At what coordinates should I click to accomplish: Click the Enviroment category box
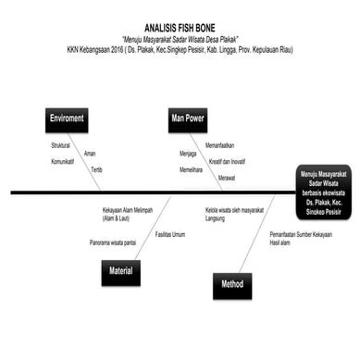tap(67, 119)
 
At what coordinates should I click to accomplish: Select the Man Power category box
tap(188, 119)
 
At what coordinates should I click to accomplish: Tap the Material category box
tap(120, 271)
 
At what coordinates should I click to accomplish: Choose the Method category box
tap(231, 285)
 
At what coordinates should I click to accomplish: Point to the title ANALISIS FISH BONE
tap(180, 30)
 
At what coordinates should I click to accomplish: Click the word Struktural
tap(61, 146)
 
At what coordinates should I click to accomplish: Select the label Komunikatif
tap(63, 162)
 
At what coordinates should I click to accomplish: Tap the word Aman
tap(90, 154)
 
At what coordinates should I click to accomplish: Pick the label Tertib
tap(96, 170)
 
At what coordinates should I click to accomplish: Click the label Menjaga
tap(188, 154)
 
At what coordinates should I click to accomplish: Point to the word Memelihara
tap(191, 170)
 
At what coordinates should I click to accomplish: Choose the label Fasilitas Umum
tap(170, 234)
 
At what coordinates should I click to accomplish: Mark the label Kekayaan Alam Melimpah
tap(130, 210)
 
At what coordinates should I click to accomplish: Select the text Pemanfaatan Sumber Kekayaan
tap(302, 234)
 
